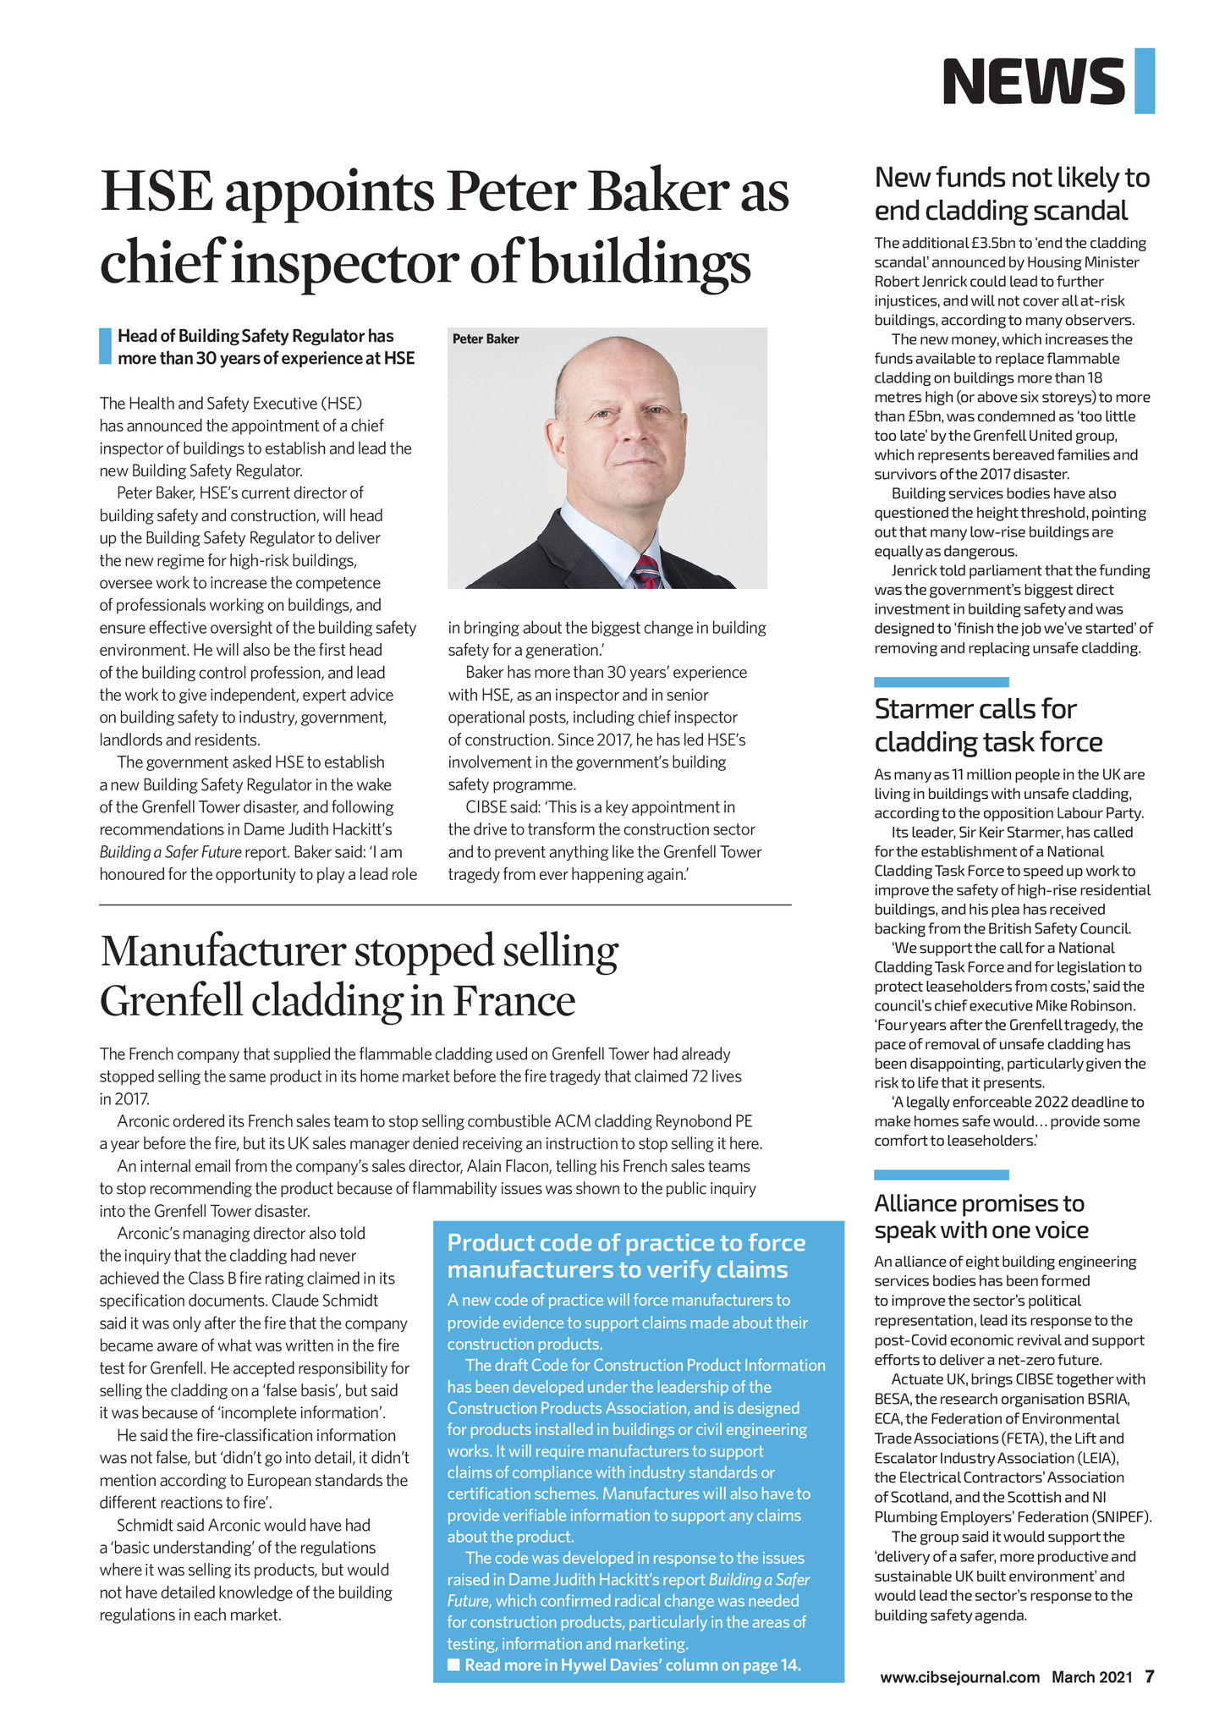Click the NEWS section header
coord(1033,81)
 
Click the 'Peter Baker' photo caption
coord(486,339)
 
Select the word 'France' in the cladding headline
coord(514,1001)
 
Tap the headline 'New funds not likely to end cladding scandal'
coord(1012,194)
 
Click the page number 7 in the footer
coord(1150,1676)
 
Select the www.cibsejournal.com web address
coord(959,1677)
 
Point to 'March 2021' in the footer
coord(1091,1677)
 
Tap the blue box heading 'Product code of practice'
coord(626,1256)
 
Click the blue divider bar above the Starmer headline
coord(941,682)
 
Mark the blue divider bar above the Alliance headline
coord(941,1175)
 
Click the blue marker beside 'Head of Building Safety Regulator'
coord(105,346)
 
